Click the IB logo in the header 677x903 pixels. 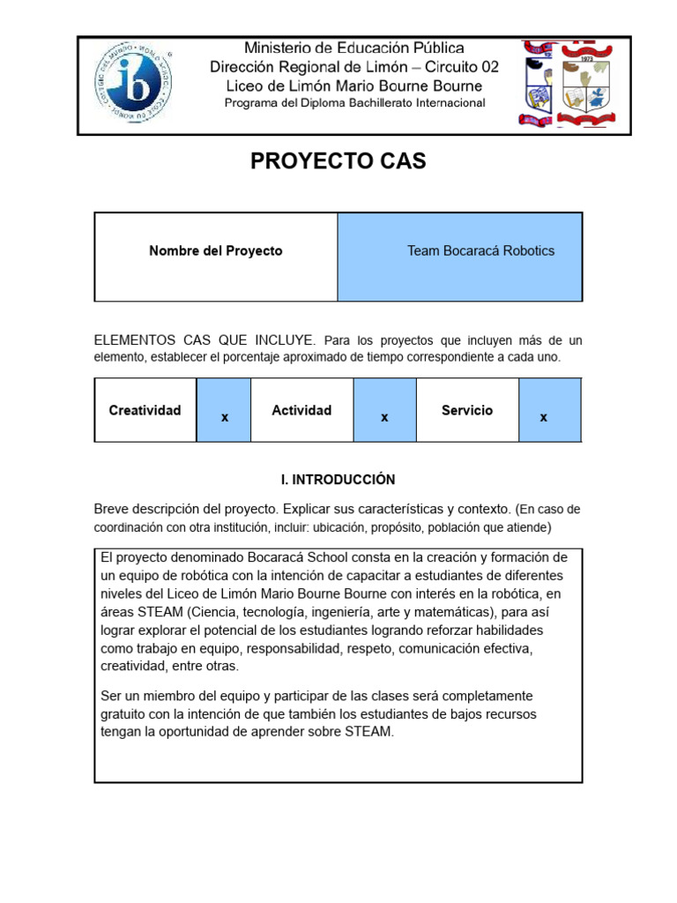[x=133, y=86]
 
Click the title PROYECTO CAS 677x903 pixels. [x=338, y=160]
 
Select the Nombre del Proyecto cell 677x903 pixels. [x=216, y=251]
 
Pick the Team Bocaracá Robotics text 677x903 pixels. [x=480, y=251]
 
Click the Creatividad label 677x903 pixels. [x=145, y=410]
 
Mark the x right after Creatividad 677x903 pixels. [x=225, y=417]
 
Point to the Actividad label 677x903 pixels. [x=301, y=410]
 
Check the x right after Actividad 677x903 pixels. [x=384, y=417]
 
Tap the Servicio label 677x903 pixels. [x=467, y=410]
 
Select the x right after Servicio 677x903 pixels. [x=544, y=417]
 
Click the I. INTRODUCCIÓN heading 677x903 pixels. [x=338, y=480]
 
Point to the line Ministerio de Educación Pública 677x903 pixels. [x=353, y=49]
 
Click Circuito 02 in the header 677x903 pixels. [x=450, y=67]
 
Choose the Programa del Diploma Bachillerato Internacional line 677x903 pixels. [x=354, y=103]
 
